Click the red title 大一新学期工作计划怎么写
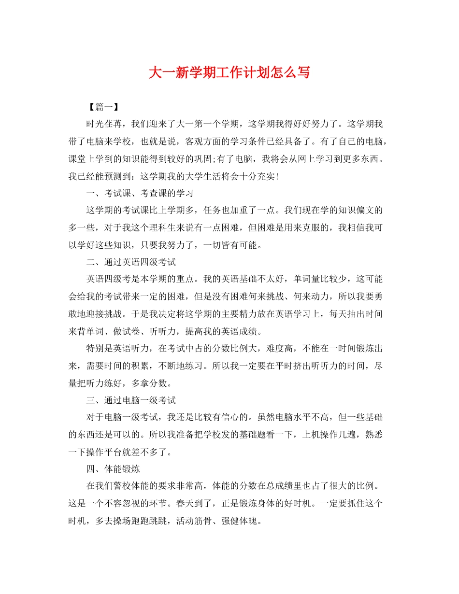point(229,72)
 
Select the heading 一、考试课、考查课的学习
point(140,193)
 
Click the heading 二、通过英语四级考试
point(131,262)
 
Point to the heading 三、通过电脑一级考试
point(131,400)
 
